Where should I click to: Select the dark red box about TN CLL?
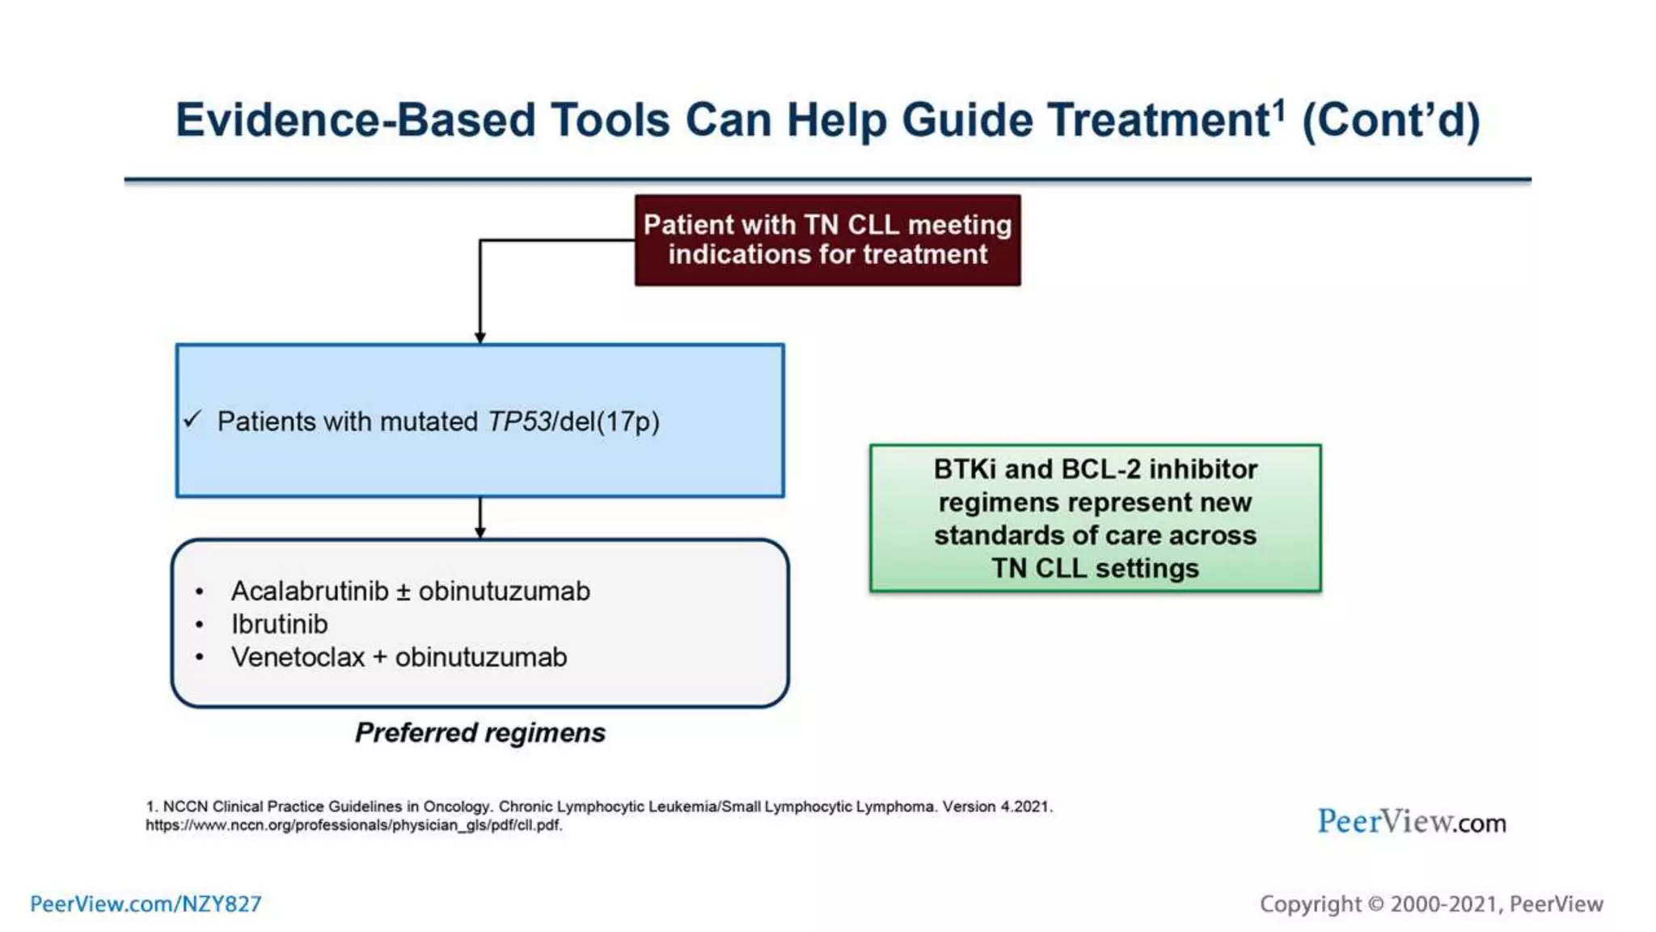(827, 240)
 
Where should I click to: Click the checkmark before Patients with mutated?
(192, 419)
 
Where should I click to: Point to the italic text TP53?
(518, 422)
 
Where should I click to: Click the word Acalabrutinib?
(310, 591)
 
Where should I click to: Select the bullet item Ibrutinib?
(280, 625)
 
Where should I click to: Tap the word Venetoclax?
(298, 658)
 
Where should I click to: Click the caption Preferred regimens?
(480, 733)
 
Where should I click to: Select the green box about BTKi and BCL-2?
(1095, 518)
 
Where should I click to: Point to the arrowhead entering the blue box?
(480, 337)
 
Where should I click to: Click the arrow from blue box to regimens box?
(480, 518)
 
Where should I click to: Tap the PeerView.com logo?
(1411, 822)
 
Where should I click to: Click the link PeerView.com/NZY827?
(146, 904)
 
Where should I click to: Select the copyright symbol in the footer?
(1375, 904)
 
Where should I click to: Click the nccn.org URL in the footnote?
(353, 825)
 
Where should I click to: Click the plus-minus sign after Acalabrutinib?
(403, 592)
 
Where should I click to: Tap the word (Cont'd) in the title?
(1391, 121)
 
